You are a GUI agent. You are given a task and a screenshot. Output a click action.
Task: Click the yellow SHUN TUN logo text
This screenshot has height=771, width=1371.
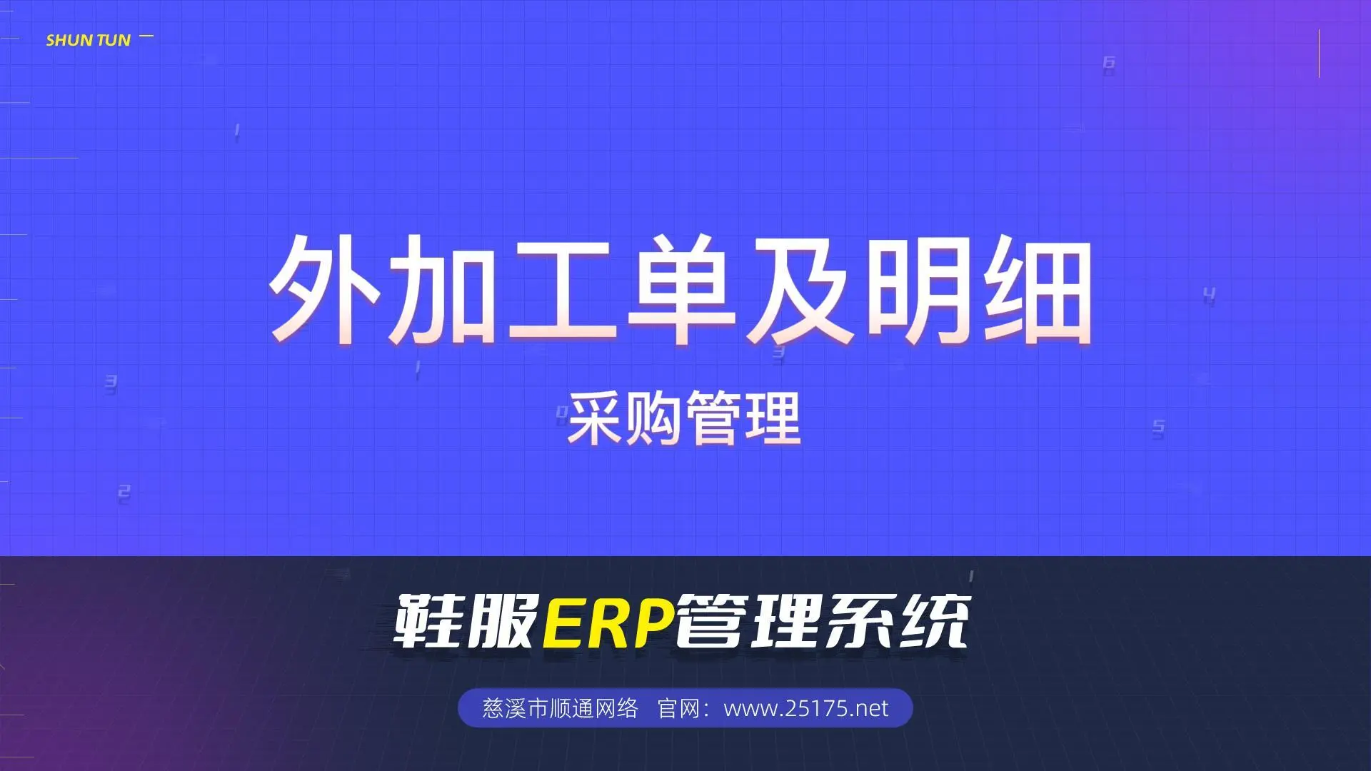[89, 41]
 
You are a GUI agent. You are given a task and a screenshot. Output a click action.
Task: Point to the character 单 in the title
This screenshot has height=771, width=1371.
[681, 289]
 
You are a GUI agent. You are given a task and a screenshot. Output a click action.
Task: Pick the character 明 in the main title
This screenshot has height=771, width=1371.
[920, 289]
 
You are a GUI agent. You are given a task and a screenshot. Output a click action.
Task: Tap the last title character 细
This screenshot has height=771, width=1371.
[1038, 289]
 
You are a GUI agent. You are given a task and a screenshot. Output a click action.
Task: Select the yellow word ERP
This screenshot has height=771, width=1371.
[608, 622]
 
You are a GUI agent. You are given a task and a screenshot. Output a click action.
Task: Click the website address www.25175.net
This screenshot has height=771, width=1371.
[806, 708]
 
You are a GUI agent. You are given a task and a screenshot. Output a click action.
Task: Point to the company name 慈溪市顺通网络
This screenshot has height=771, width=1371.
[560, 708]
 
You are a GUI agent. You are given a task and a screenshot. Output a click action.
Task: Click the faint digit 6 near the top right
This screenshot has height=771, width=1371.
[1109, 64]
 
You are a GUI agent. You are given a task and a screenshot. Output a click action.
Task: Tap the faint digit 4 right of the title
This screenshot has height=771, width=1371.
[1209, 294]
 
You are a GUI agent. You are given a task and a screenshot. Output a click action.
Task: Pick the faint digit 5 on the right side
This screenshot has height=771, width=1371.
[1158, 428]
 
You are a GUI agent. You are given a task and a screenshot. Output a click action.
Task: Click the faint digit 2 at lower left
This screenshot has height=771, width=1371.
[124, 493]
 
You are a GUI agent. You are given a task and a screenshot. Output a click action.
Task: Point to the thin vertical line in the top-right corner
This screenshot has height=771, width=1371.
[1319, 53]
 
